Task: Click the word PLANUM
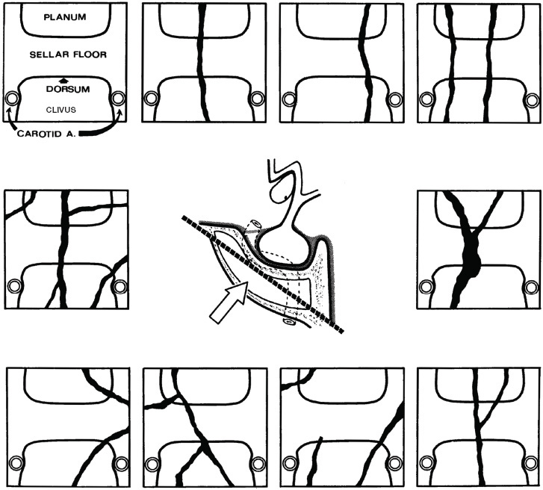(65, 17)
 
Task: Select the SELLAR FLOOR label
(68, 55)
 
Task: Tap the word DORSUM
(68, 89)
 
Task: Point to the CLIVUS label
(61, 110)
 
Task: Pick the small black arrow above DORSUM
(62, 81)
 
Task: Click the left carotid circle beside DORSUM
(12, 99)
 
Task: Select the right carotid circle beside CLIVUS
(118, 99)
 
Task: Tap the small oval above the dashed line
(257, 223)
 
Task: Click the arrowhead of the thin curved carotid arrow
(7, 110)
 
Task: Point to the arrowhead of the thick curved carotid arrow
(120, 111)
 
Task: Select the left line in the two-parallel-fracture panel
(451, 62)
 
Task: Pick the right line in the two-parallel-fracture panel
(489, 62)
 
